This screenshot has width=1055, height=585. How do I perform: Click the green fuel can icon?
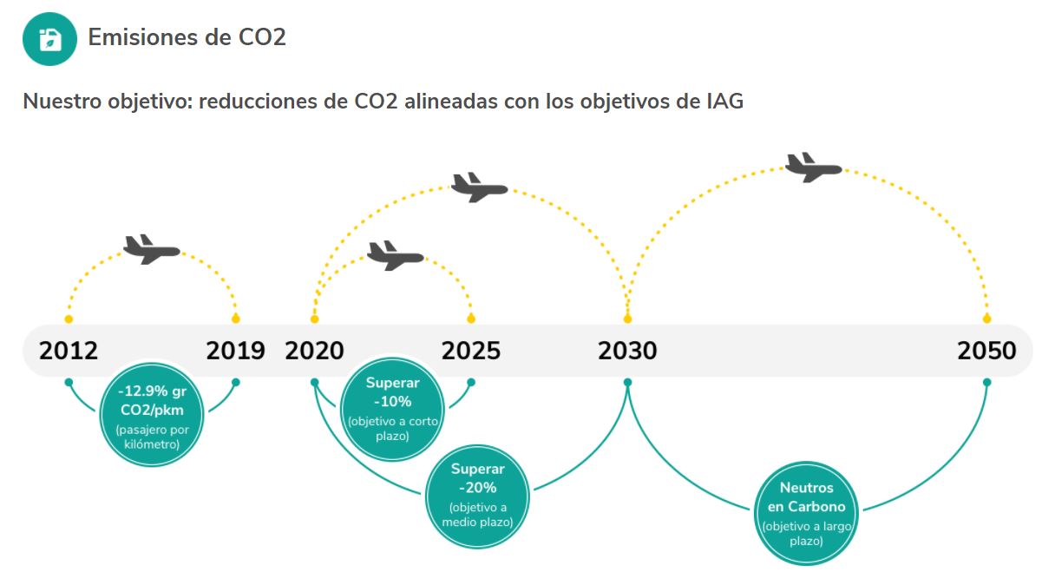point(49,38)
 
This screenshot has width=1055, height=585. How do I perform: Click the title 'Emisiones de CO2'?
point(187,37)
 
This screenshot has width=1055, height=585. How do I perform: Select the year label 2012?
point(69,351)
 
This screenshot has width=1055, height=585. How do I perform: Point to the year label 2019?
point(235,351)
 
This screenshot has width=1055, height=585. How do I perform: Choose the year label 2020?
point(314,351)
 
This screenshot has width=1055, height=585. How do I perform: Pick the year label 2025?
point(470,351)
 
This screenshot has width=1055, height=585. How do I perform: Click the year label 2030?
point(627,351)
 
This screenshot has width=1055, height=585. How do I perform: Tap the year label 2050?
point(986,351)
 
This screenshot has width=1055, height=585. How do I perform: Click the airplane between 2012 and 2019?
point(151,250)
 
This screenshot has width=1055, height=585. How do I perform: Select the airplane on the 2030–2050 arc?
point(813,168)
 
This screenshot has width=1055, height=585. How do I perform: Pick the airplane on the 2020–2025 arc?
point(395,256)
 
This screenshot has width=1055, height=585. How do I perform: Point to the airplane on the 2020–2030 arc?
point(479,187)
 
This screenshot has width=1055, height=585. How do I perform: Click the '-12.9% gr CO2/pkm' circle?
point(152,415)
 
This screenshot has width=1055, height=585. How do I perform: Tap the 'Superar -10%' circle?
point(392,410)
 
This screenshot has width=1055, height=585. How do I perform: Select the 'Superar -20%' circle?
point(477,496)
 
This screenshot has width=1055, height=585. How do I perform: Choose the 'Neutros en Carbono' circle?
point(806,513)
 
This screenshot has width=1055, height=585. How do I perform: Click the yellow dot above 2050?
point(986,319)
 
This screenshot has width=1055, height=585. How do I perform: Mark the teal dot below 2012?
point(69,382)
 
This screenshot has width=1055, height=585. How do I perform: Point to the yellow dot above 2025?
point(471,319)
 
